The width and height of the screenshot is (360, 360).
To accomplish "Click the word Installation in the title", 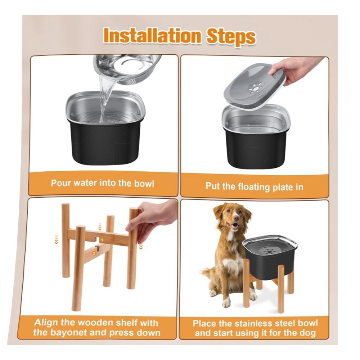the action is point(152,36).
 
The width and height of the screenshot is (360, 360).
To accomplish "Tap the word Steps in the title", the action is point(231,37).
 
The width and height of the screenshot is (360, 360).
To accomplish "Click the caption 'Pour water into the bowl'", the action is point(102,184).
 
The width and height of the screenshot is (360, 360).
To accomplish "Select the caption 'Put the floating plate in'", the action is point(255,186).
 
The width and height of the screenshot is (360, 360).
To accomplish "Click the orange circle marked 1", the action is point(102,240).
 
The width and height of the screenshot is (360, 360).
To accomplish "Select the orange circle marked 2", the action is point(94,253).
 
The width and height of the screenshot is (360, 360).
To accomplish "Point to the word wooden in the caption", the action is point(95,323).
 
